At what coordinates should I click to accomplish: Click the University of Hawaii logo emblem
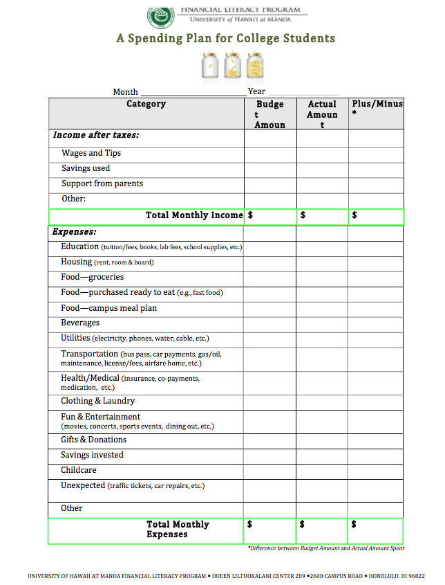[161, 15]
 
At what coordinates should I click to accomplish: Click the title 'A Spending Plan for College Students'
[225, 39]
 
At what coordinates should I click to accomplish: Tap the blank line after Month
[193, 92]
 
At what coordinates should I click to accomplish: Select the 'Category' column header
[146, 104]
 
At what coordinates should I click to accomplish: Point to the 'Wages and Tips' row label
[91, 153]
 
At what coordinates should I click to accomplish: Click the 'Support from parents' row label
[102, 183]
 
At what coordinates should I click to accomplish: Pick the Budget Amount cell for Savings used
[270, 169]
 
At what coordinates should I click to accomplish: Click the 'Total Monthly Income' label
[194, 215]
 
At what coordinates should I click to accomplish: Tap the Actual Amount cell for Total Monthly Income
[323, 217]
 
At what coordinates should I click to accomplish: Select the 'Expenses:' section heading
[75, 232]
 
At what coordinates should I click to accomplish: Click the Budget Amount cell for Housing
[269, 263]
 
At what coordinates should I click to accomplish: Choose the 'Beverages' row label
[80, 323]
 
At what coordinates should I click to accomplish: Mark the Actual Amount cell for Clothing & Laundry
[321, 402]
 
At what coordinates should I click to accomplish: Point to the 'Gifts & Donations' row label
[94, 440]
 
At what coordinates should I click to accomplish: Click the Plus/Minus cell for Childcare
[375, 471]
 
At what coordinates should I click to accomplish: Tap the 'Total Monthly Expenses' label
[177, 530]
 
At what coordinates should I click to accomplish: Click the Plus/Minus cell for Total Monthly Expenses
[376, 530]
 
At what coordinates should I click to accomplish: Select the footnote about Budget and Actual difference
[326, 548]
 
